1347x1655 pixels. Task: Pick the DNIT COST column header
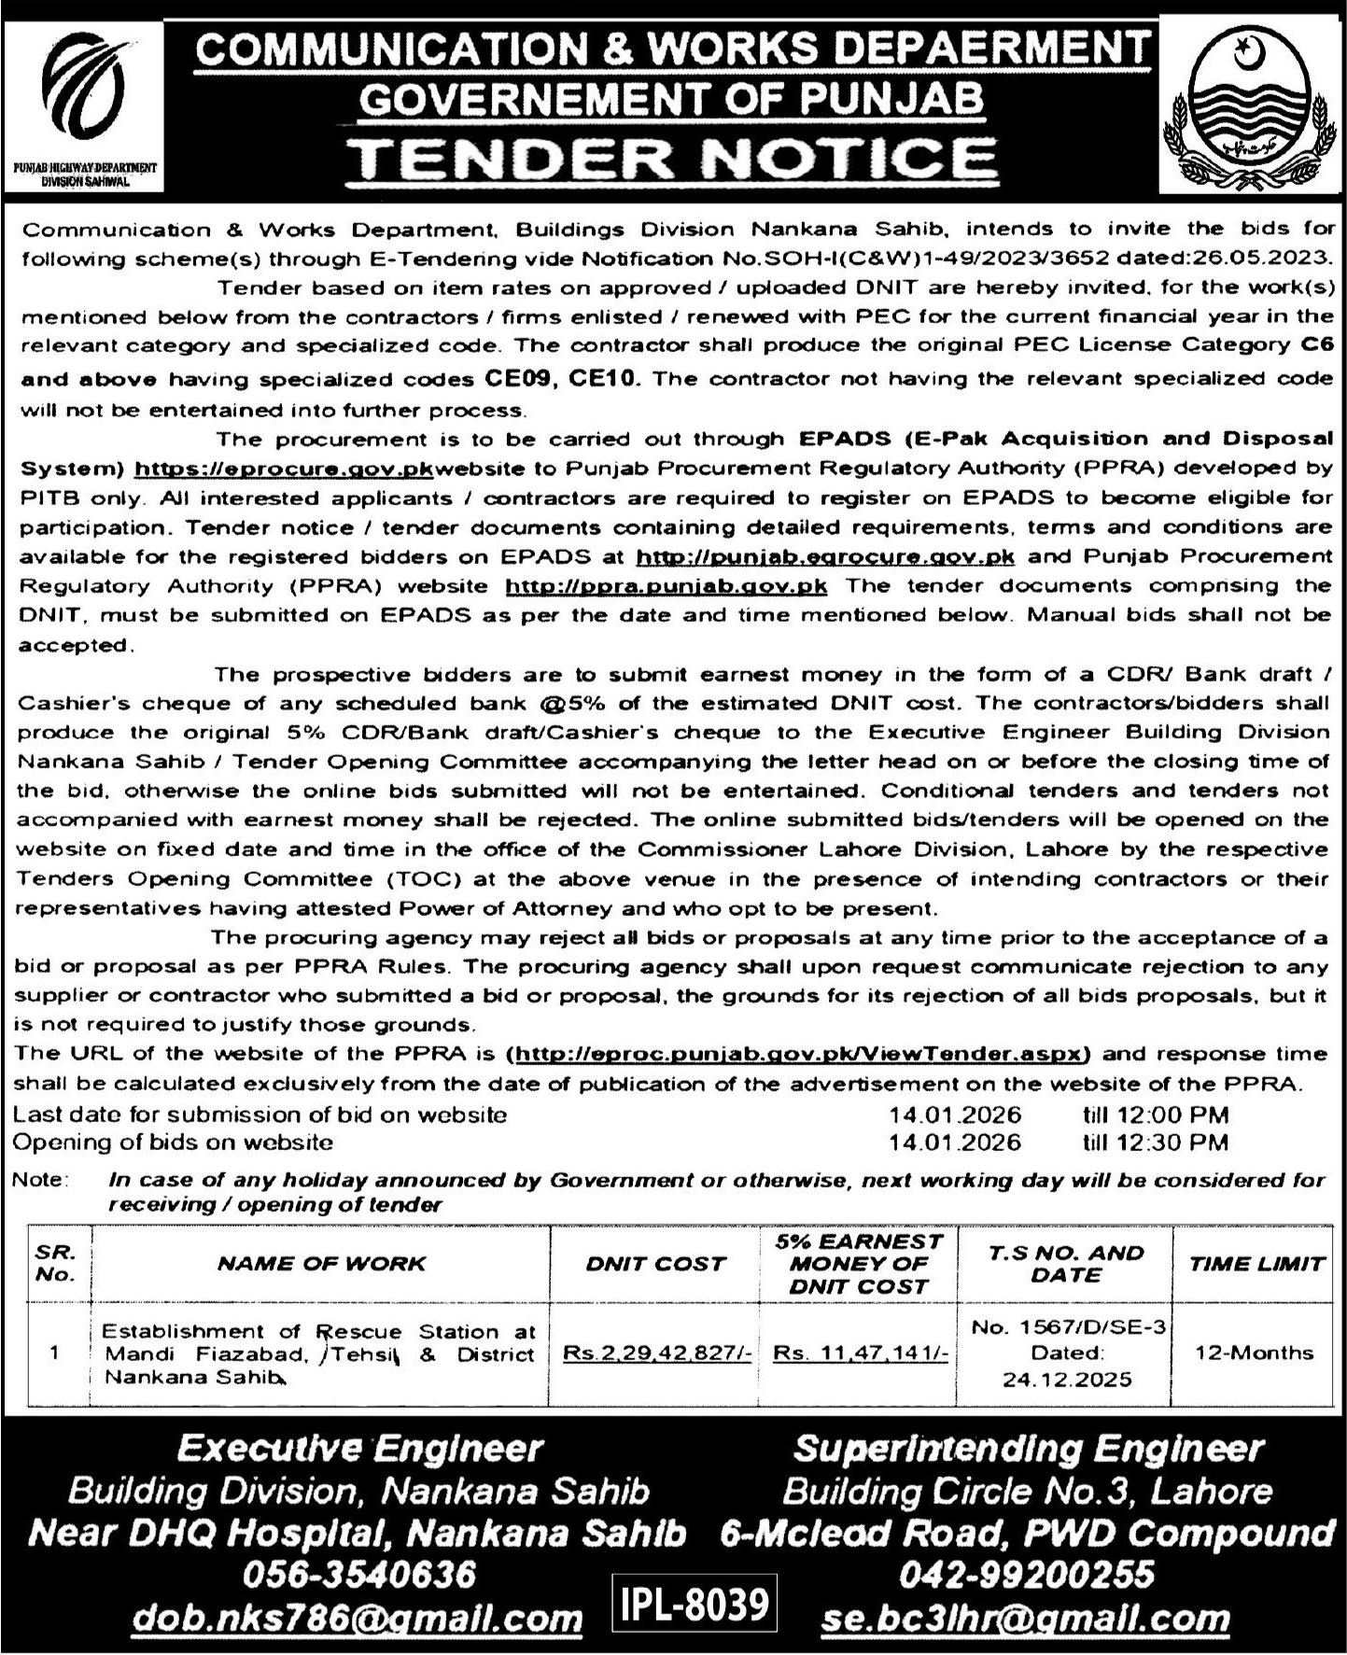pos(655,1264)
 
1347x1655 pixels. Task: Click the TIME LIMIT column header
pos(1256,1264)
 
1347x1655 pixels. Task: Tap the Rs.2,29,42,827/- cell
pos(657,1353)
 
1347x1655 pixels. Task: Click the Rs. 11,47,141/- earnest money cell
pos(860,1353)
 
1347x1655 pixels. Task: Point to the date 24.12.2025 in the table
pos(1068,1379)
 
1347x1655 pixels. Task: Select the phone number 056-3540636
pos(358,1575)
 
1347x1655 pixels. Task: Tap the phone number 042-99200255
pos(1026,1575)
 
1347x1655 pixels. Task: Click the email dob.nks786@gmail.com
pos(358,1619)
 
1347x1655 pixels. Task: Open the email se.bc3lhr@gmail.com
pos(1025,1619)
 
